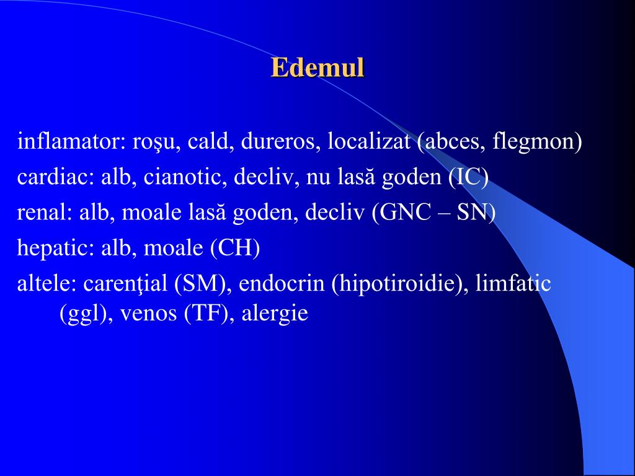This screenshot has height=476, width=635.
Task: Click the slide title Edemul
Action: [317, 68]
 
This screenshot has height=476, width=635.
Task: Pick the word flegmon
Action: [535, 143]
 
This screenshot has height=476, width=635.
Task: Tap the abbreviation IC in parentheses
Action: [469, 178]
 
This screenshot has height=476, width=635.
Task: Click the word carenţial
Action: [126, 284]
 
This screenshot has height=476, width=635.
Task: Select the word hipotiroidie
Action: [401, 284]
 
